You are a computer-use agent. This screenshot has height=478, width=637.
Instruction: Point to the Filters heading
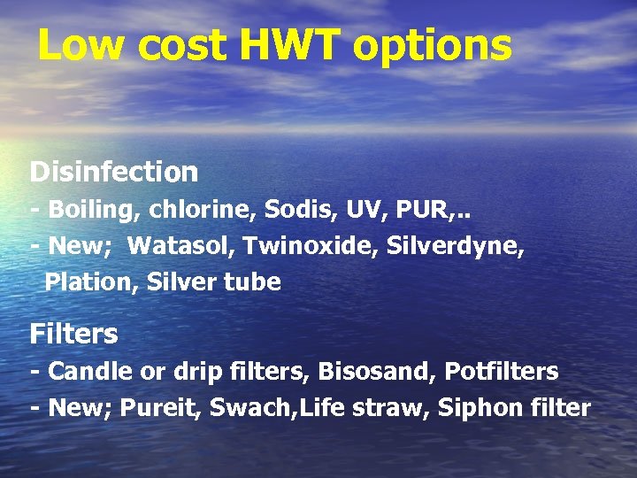pos(73,334)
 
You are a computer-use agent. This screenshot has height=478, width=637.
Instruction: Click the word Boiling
pos(95,211)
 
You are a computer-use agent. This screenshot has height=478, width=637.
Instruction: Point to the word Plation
pos(91,282)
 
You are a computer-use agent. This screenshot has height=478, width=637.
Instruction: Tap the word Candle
pos(89,371)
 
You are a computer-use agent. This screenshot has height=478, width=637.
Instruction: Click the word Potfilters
pos(502,371)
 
